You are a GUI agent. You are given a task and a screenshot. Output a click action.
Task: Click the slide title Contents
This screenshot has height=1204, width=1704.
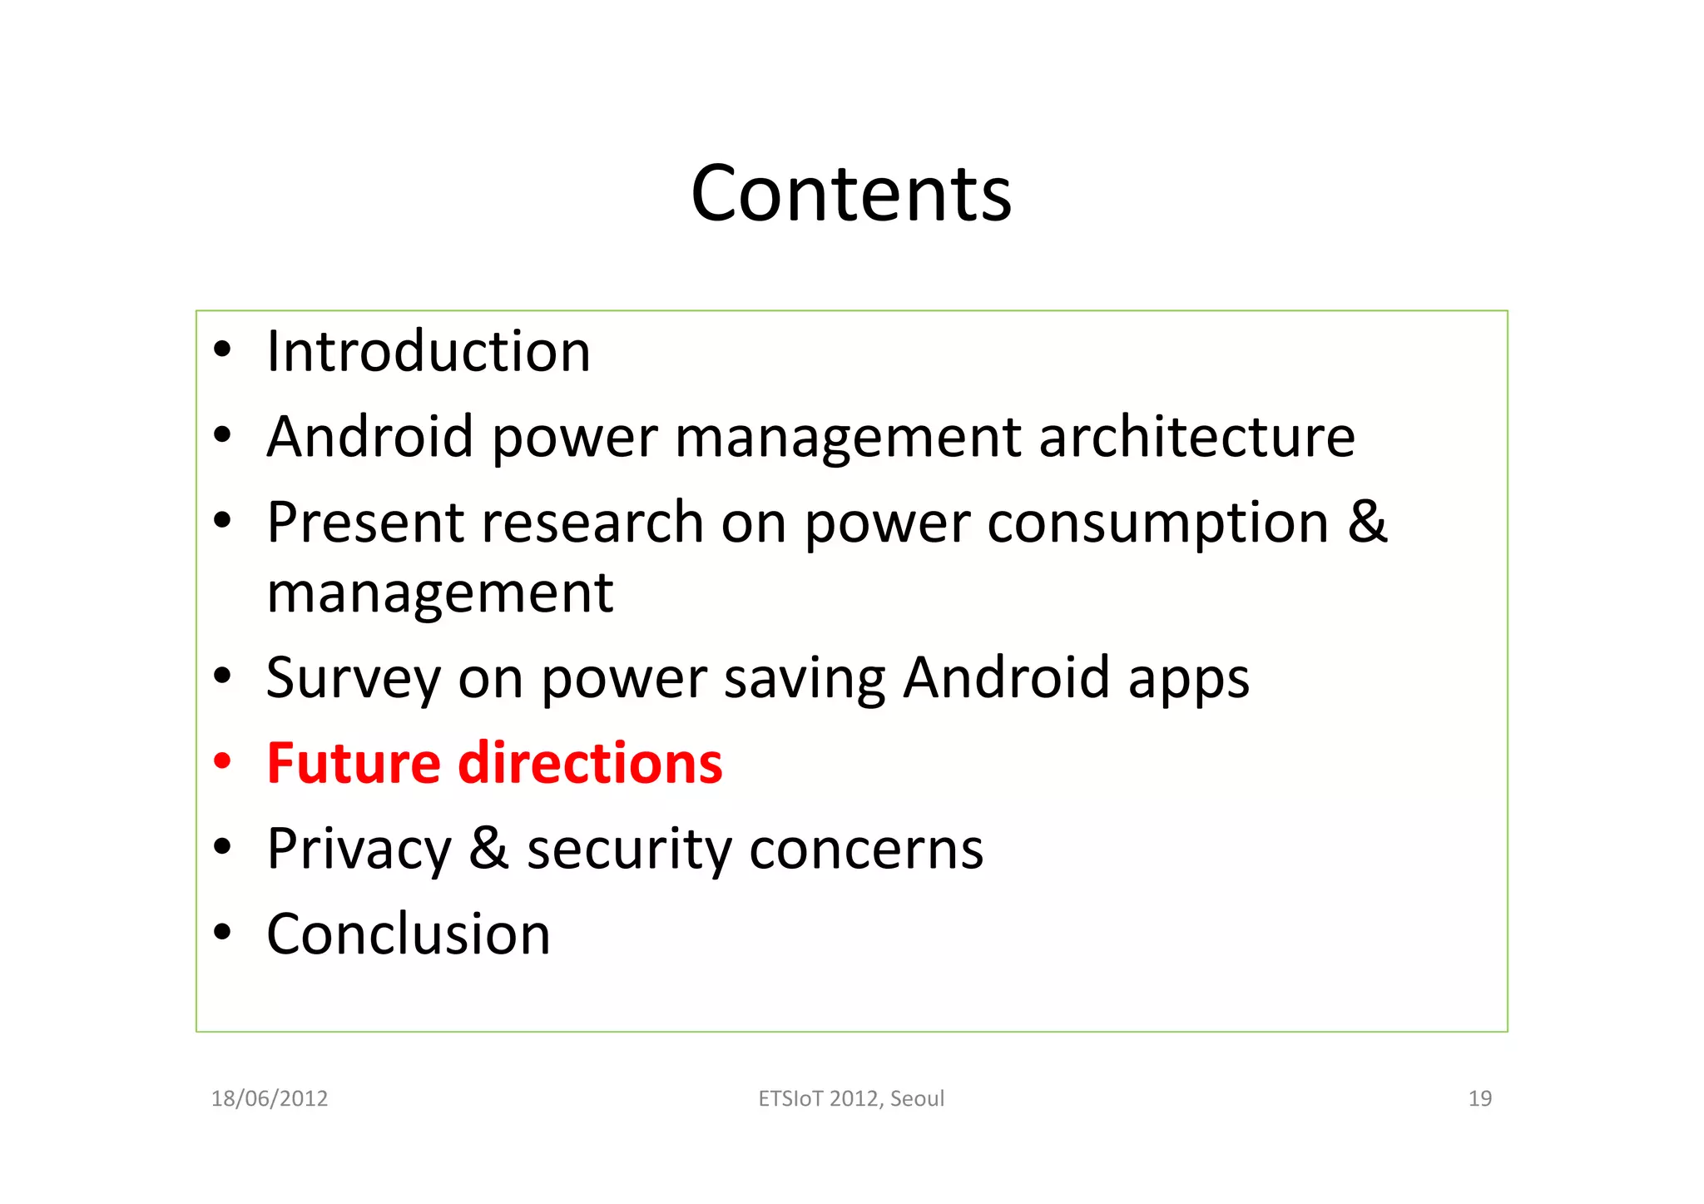851,194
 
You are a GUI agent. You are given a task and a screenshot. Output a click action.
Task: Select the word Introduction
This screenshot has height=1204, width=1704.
428,351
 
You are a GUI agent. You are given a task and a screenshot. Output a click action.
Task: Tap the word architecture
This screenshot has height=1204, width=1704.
1196,437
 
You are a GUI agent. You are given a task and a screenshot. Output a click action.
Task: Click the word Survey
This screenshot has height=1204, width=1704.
353,679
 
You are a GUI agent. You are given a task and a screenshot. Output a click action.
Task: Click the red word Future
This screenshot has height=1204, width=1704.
354,763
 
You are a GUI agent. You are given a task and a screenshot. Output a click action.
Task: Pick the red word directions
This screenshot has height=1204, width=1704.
590,763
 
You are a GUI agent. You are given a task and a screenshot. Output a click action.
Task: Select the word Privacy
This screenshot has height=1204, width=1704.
359,850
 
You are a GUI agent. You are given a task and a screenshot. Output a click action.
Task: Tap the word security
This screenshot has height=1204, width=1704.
629,850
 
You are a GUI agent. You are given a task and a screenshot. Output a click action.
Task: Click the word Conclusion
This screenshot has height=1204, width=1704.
409,934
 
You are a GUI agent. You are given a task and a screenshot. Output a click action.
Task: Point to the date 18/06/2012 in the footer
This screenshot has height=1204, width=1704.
270,1098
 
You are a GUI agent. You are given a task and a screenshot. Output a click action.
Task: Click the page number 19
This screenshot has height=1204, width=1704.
1479,1098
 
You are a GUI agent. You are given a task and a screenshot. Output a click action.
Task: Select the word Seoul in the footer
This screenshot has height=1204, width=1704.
917,1098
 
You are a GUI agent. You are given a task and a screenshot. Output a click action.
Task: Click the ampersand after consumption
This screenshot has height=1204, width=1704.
1367,522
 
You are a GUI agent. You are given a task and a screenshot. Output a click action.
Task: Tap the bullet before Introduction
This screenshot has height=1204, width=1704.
221,350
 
